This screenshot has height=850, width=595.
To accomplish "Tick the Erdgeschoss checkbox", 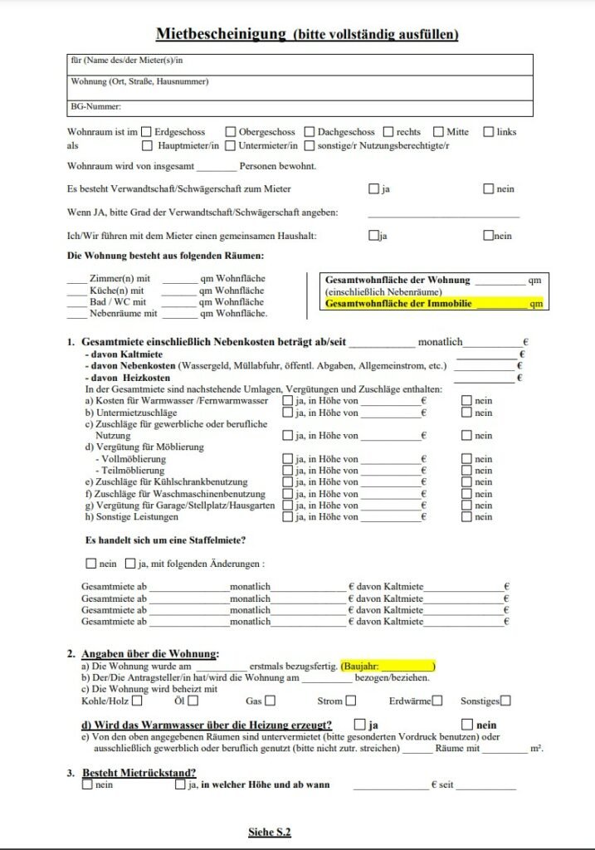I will [146, 131].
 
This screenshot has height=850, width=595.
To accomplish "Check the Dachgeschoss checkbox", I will [310, 131].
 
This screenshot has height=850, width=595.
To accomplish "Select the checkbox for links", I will [488, 131].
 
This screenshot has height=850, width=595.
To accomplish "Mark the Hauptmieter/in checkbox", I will [146, 145].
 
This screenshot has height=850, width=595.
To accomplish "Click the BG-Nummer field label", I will [96, 106].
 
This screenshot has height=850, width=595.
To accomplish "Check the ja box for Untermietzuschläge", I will [287, 413].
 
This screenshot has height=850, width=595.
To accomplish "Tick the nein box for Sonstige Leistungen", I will [467, 517].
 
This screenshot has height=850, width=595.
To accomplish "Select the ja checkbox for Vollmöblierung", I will [287, 459].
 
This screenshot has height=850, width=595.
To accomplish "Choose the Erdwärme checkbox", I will [436, 701].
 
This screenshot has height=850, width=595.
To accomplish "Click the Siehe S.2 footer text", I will [270, 831].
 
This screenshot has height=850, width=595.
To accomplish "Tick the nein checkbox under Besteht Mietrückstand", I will [87, 784].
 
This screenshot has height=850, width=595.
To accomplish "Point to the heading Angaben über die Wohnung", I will [150, 654].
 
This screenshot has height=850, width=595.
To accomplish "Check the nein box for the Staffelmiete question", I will [91, 564].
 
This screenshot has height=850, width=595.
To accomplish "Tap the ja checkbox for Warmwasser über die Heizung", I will [359, 724].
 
